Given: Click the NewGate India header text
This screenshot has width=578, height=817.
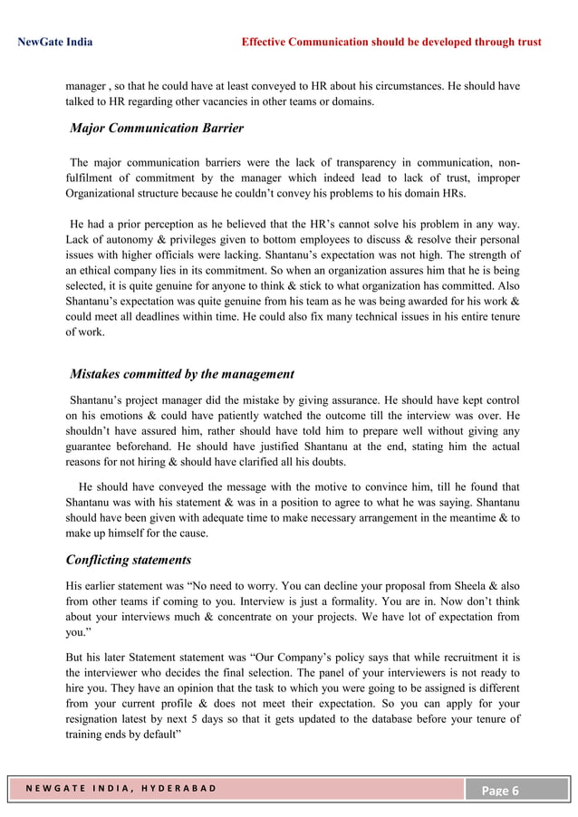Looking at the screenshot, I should coord(55,42).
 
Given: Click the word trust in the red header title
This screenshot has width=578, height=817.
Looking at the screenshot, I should coord(526,42).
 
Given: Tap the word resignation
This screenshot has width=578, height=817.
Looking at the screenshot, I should coord(101,719).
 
